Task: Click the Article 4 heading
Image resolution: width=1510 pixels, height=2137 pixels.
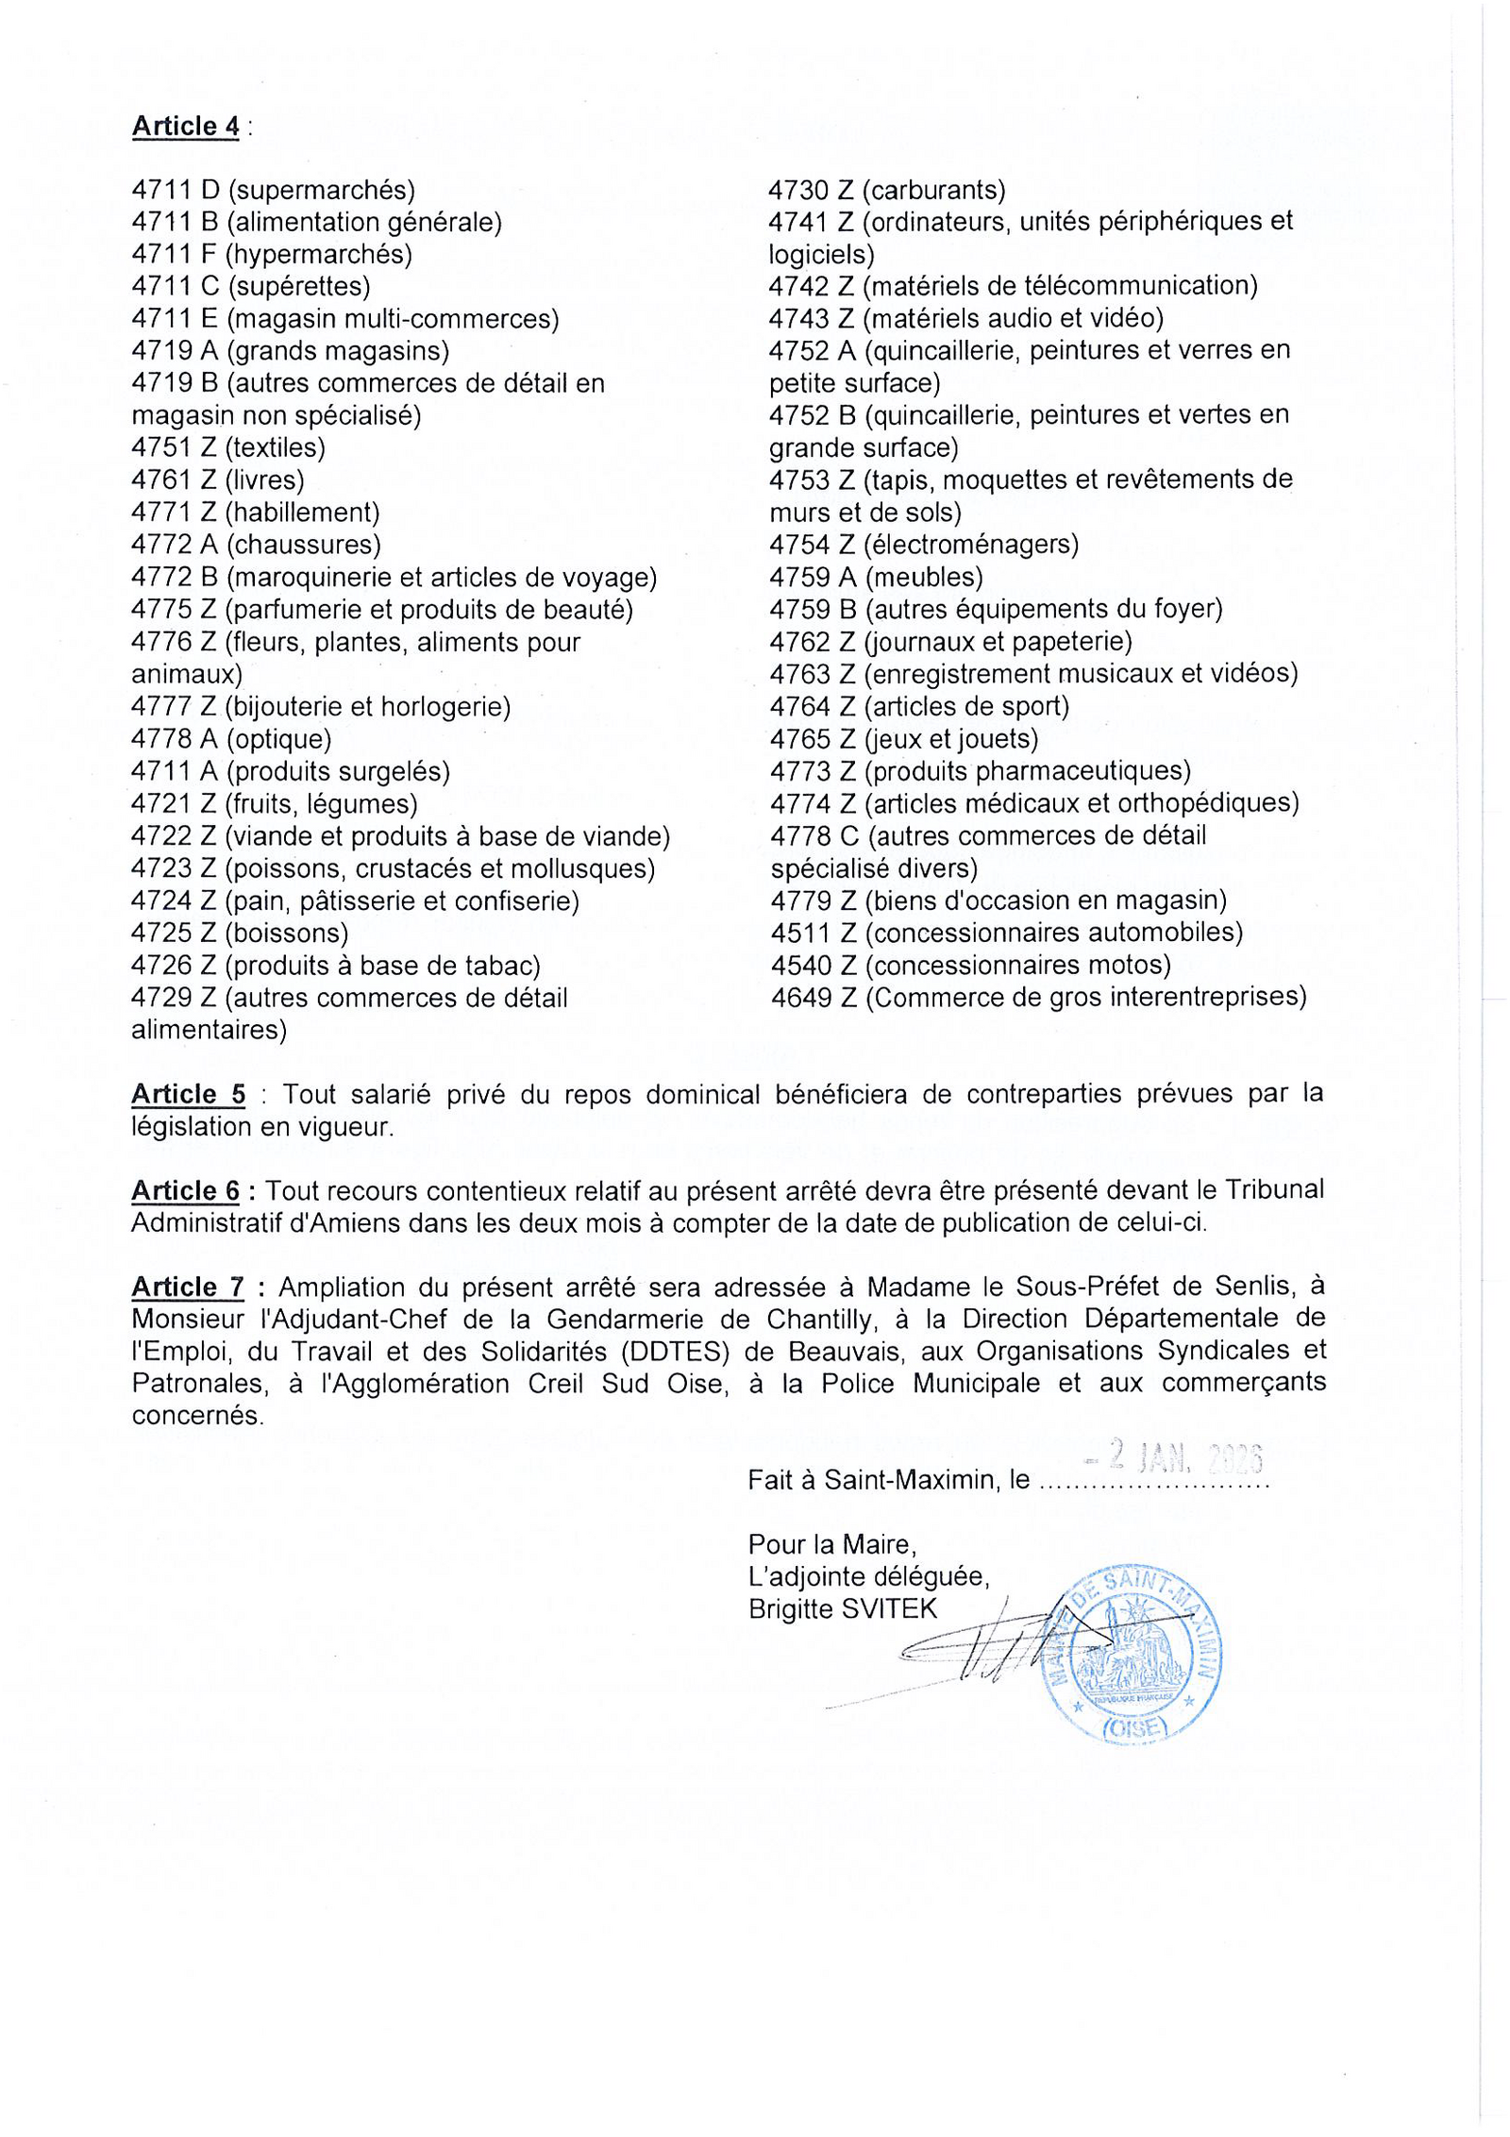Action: coord(185,126)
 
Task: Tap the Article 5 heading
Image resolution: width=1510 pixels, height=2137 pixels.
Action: coord(188,1094)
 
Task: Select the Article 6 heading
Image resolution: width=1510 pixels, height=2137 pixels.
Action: coord(185,1190)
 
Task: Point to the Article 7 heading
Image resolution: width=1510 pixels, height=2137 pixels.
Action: coord(187,1287)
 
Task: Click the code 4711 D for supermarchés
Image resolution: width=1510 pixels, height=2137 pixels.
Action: coord(176,191)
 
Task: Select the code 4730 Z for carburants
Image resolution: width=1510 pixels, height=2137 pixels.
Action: coord(811,191)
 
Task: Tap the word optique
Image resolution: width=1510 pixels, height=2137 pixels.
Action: coord(279,739)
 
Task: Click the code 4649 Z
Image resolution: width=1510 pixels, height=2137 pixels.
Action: coord(813,997)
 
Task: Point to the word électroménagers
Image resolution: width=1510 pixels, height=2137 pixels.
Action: coord(972,545)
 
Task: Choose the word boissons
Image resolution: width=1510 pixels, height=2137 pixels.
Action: coord(287,934)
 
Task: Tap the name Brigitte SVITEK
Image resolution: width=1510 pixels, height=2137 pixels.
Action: coord(843,1608)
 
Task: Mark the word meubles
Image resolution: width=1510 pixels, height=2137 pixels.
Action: coord(924,577)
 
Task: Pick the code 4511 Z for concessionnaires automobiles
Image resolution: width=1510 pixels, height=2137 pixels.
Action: coord(813,933)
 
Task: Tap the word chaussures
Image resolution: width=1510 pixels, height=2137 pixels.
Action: coord(304,545)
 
